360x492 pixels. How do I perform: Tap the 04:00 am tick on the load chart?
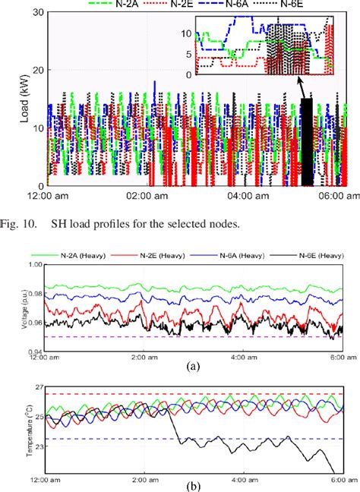click(249, 196)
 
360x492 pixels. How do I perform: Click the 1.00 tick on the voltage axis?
click(33, 263)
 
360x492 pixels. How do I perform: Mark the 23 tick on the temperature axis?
click(36, 447)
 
